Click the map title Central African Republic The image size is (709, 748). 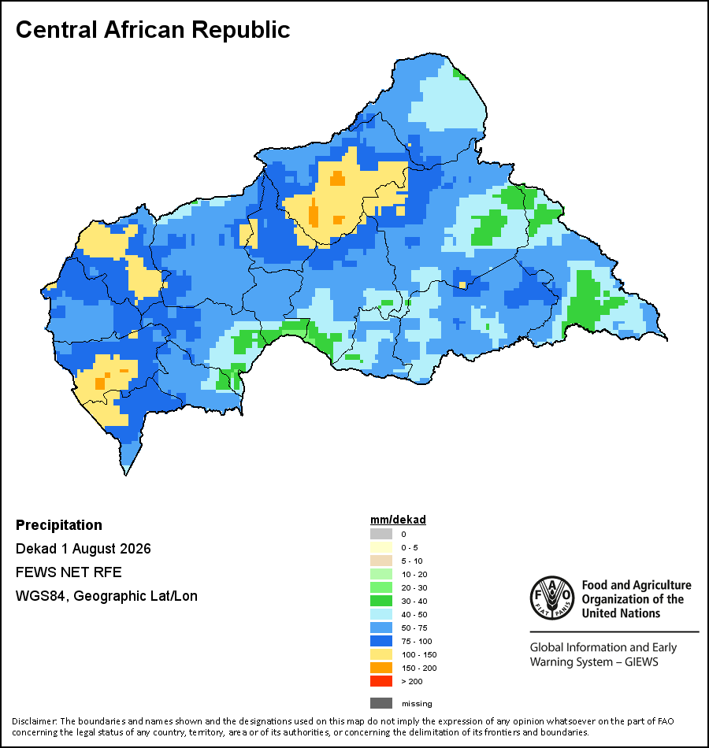pyautogui.click(x=153, y=30)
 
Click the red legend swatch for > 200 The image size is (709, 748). pyautogui.click(x=381, y=681)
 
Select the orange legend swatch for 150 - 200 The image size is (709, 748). pyautogui.click(x=381, y=668)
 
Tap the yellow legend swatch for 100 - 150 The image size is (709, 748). pyautogui.click(x=381, y=654)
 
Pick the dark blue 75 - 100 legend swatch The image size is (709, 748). pyautogui.click(x=381, y=641)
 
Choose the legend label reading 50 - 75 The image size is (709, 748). pyautogui.click(x=414, y=628)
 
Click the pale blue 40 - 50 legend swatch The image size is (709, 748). pyautogui.click(x=381, y=614)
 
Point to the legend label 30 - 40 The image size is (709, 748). pyautogui.click(x=414, y=601)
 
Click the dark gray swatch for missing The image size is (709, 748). pyautogui.click(x=381, y=703)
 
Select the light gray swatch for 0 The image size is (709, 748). pyautogui.click(x=381, y=534)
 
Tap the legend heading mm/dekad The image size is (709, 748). pyautogui.click(x=398, y=520)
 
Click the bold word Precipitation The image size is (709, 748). pyautogui.click(x=59, y=525)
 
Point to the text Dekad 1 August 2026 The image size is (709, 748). pyautogui.click(x=83, y=549)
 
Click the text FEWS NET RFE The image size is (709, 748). pyautogui.click(x=69, y=572)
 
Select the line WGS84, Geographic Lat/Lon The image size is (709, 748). pyautogui.click(x=106, y=596)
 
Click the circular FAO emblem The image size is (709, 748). pyautogui.click(x=552, y=598)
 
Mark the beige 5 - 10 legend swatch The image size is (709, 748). pyautogui.click(x=381, y=561)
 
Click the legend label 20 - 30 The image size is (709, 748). pyautogui.click(x=414, y=587)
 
